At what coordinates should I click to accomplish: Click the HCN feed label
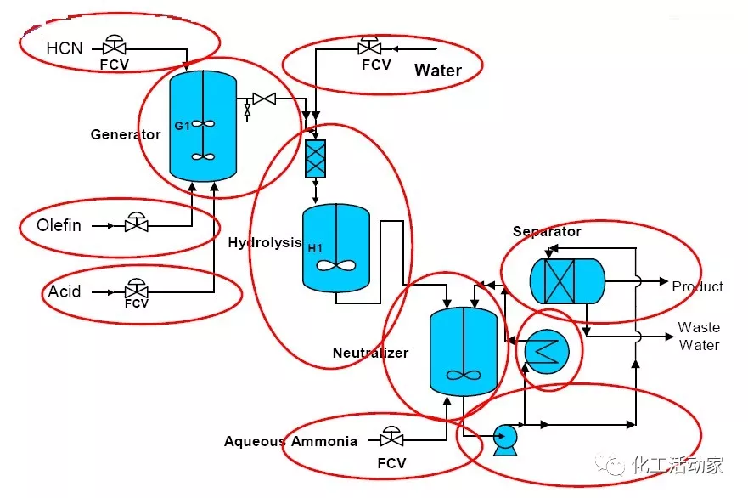point(65,48)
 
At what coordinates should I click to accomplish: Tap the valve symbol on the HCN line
point(113,47)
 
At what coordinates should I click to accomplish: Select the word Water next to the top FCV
point(437,71)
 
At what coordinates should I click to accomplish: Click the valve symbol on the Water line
point(370,48)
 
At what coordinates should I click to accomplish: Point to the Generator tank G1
point(203,125)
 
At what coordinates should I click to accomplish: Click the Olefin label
point(59,225)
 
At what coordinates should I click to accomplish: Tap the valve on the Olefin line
point(136,225)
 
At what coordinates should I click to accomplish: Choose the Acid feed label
point(65,291)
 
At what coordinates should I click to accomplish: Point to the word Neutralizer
point(370,353)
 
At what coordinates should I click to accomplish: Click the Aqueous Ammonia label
point(290,441)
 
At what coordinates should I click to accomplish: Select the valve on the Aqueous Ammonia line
point(391,439)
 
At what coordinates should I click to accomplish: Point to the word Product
point(697,286)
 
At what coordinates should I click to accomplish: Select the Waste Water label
point(699,337)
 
